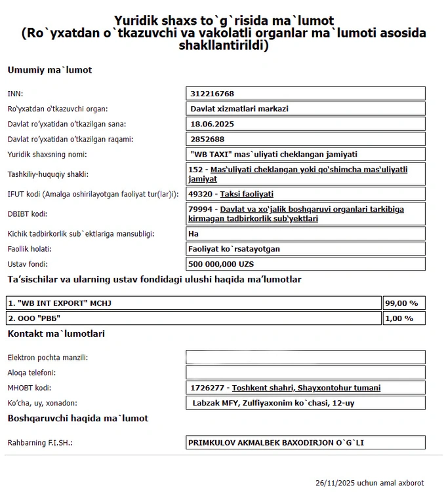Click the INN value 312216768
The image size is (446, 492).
(x=213, y=94)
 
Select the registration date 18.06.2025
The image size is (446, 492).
(x=213, y=124)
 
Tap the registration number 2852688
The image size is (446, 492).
(x=208, y=139)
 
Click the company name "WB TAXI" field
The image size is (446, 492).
(x=273, y=155)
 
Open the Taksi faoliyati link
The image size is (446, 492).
(x=247, y=194)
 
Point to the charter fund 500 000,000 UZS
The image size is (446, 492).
(x=221, y=264)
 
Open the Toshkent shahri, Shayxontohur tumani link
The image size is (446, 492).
(x=306, y=388)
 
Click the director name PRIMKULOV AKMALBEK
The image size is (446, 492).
(x=275, y=443)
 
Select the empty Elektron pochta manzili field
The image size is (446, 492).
(x=306, y=358)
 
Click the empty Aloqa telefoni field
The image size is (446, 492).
(x=306, y=373)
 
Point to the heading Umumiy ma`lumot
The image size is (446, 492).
(x=50, y=70)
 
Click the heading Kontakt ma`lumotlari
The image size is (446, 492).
(x=56, y=334)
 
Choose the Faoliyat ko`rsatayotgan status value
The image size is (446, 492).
(x=234, y=249)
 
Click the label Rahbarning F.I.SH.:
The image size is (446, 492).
(x=39, y=443)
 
